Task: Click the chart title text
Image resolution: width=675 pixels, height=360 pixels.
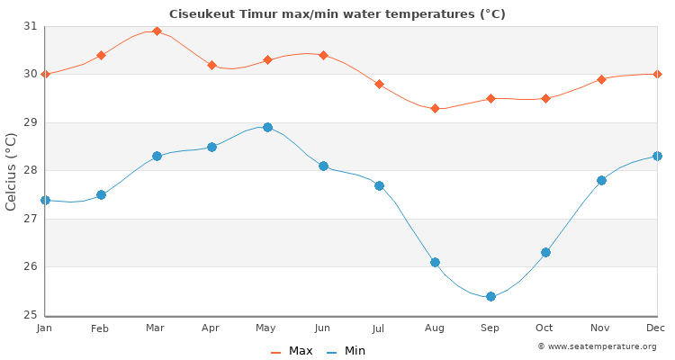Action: (x=337, y=14)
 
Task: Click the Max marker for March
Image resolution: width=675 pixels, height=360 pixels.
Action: (x=157, y=31)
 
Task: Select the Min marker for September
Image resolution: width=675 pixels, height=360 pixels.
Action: (x=490, y=296)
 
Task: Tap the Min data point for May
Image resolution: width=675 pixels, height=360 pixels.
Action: (x=267, y=127)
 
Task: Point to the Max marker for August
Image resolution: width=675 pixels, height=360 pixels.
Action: (x=435, y=108)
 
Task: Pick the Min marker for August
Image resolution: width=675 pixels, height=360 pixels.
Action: (x=435, y=262)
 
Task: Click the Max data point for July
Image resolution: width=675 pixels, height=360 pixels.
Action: (x=379, y=84)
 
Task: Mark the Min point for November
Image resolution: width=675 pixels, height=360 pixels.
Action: (x=601, y=180)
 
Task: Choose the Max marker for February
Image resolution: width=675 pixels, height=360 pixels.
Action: (x=101, y=55)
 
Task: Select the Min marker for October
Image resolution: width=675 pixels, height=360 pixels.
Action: (x=545, y=252)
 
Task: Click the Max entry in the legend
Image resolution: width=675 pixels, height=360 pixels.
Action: (x=292, y=351)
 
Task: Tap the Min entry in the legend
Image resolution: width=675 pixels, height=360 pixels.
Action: (x=346, y=351)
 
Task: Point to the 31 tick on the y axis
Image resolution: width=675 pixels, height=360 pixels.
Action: (x=31, y=26)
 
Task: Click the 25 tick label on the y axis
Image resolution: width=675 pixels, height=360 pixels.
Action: (x=31, y=315)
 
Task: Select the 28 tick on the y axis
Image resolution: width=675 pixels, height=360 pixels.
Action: (x=31, y=171)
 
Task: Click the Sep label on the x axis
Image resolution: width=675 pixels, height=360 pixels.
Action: (x=490, y=328)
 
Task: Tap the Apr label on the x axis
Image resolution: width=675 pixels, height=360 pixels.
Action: (x=211, y=328)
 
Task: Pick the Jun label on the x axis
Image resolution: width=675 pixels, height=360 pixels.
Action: (x=323, y=328)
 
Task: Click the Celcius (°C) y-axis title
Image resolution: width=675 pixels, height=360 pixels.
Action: (x=12, y=171)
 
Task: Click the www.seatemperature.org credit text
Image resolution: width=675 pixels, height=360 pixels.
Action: (x=597, y=346)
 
